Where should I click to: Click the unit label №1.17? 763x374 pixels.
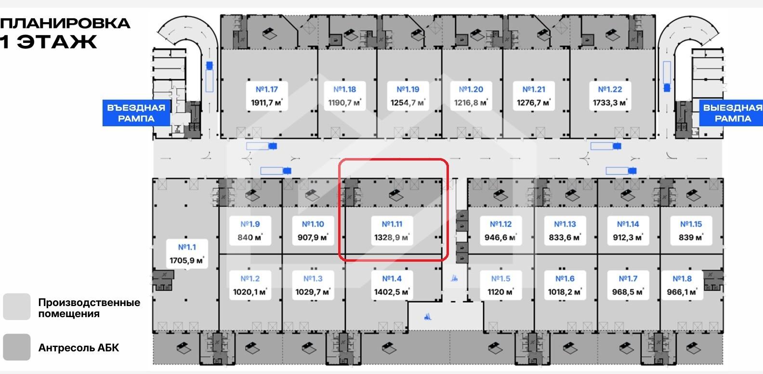pyautogui.click(x=266, y=89)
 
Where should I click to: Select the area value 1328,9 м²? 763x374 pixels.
pyautogui.click(x=392, y=238)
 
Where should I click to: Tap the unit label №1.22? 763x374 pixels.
pyautogui.click(x=610, y=89)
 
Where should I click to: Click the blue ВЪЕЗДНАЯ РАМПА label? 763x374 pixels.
pyautogui.click(x=136, y=113)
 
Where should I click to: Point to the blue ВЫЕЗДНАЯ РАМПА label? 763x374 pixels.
pyautogui.click(x=732, y=113)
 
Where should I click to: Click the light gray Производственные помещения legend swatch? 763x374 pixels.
pyautogui.click(x=17, y=307)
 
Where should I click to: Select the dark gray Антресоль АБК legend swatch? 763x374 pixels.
pyautogui.click(x=17, y=347)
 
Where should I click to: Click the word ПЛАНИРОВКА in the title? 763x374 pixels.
pyautogui.click(x=65, y=23)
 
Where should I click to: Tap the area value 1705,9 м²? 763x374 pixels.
pyautogui.click(x=187, y=261)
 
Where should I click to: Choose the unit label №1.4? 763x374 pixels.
pyautogui.click(x=392, y=279)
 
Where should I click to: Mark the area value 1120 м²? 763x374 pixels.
pyautogui.click(x=500, y=292)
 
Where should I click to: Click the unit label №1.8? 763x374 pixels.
pyautogui.click(x=682, y=279)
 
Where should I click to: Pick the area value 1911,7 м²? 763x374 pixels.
pyautogui.click(x=266, y=103)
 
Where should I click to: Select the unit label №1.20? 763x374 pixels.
pyautogui.click(x=471, y=89)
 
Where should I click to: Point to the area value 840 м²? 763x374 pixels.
pyautogui.click(x=250, y=238)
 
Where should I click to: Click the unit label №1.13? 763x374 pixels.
pyautogui.click(x=565, y=224)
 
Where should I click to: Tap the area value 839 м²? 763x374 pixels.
pyautogui.click(x=691, y=238)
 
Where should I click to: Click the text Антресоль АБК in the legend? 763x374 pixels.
pyautogui.click(x=79, y=347)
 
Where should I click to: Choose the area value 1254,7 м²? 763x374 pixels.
pyautogui.click(x=408, y=103)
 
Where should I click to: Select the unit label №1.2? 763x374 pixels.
pyautogui.click(x=250, y=279)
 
